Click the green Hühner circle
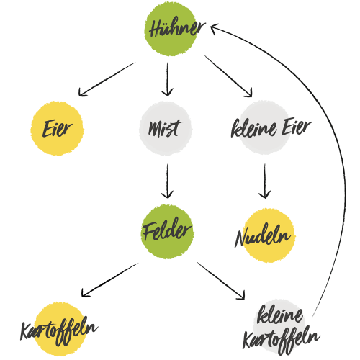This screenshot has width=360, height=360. (171, 30)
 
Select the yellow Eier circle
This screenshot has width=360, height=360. (57, 128)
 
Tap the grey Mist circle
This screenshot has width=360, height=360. (166, 128)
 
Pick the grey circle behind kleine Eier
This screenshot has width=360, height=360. (264, 127)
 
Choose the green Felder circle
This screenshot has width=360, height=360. (167, 232)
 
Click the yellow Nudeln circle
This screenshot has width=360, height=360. (269, 235)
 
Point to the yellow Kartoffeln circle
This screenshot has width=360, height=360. (60, 329)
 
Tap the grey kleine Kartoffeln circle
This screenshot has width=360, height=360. (279, 326)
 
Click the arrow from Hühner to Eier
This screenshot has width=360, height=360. (107, 79)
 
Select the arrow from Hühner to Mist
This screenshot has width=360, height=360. (167, 80)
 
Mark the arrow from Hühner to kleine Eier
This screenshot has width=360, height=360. (228, 76)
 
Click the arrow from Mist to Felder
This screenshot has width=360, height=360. (167, 181)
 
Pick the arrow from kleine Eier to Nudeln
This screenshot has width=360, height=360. (265, 181)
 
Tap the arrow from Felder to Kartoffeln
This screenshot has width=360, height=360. (110, 280)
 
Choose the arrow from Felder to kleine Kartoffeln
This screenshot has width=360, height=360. (221, 281)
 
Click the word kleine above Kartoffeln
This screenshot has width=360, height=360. (280, 315)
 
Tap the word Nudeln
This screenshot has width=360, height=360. (262, 236)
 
